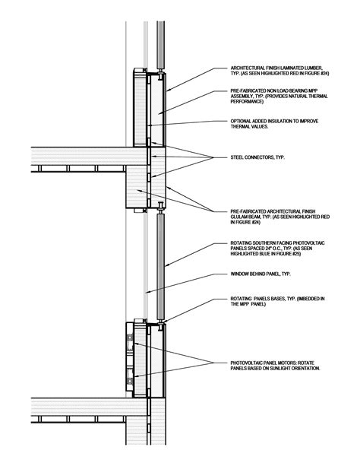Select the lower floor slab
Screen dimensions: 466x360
76,410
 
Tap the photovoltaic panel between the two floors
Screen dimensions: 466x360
161,266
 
